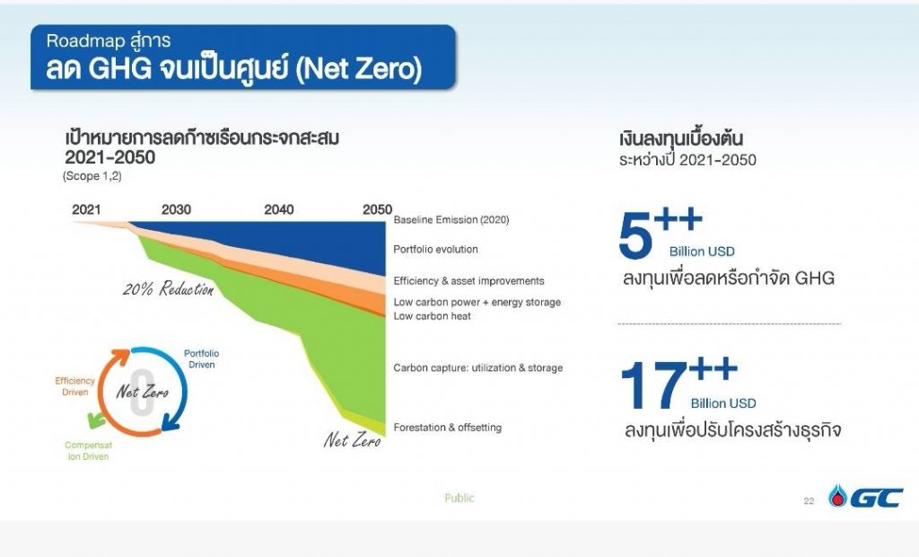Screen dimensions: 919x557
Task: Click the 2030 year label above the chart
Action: click(176, 209)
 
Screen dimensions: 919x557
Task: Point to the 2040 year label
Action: click(278, 209)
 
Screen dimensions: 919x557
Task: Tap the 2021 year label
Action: click(86, 209)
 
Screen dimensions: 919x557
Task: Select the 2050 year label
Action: click(378, 209)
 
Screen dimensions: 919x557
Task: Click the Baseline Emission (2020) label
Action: click(451, 220)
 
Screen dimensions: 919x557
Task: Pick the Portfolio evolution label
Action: click(435, 250)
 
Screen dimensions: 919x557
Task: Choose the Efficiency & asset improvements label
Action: click(468, 281)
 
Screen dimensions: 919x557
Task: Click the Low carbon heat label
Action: click(432, 316)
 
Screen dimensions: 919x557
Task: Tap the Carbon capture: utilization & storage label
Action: click(478, 368)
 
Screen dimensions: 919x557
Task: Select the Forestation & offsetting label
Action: click(447, 428)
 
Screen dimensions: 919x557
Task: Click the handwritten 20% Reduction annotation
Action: click(169, 288)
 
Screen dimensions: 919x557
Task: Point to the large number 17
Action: click(653, 385)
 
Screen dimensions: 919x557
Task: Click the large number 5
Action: click(635, 234)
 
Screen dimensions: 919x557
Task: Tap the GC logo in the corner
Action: click(866, 497)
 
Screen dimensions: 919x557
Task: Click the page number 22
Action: click(809, 501)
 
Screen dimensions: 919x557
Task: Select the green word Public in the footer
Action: click(459, 498)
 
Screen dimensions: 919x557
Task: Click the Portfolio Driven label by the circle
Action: click(202, 359)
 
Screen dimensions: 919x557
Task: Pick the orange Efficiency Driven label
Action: click(75, 387)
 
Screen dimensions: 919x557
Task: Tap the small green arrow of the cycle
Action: click(95, 420)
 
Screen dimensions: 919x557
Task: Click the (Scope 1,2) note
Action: click(92, 176)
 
